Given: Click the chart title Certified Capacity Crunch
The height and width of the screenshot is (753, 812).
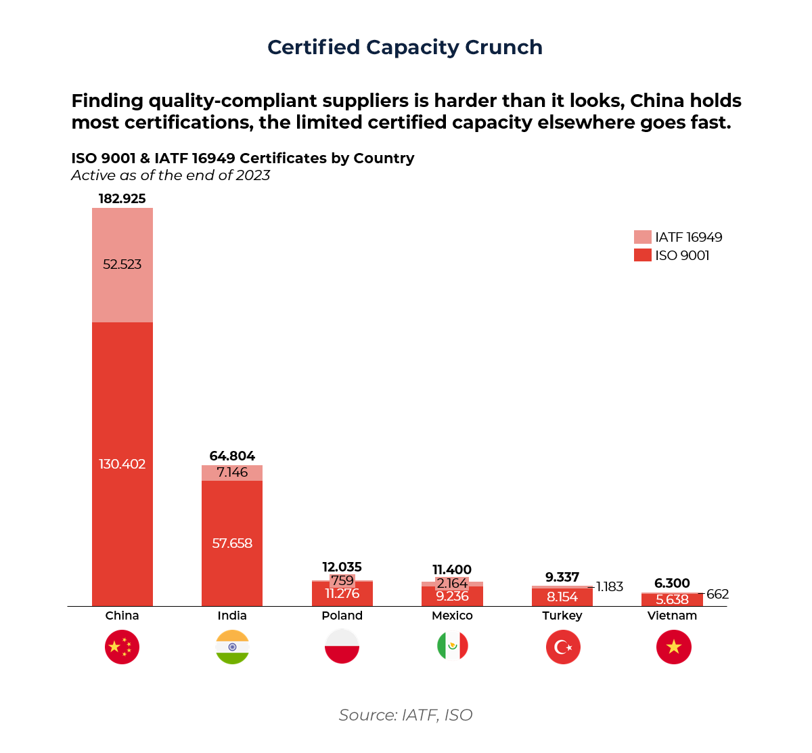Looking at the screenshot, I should [x=405, y=47].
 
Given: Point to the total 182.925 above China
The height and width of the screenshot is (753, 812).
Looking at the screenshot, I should [x=122, y=198].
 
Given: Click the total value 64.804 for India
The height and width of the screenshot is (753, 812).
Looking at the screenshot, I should [x=232, y=456].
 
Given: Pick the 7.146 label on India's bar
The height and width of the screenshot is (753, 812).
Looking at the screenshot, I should [x=232, y=473].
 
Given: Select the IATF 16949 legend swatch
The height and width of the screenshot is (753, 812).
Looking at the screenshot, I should [x=642, y=237].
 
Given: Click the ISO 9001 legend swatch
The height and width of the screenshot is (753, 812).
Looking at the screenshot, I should [x=642, y=255].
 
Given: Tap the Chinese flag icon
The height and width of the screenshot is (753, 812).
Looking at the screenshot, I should [x=122, y=647].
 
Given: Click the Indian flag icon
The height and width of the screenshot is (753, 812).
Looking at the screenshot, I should [x=232, y=647].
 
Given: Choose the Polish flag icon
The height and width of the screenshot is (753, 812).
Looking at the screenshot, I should [x=342, y=647].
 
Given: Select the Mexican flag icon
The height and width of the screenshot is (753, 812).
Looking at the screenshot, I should [x=452, y=647].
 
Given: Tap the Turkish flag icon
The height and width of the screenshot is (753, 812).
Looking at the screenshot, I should [x=563, y=647].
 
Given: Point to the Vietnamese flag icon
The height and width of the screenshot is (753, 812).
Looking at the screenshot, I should [x=673, y=647].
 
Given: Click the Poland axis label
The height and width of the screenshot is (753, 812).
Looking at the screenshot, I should [x=342, y=616].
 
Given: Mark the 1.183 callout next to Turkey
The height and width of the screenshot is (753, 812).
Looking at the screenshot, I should [x=610, y=586].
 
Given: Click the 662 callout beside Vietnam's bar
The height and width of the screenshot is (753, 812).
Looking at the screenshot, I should [x=717, y=595].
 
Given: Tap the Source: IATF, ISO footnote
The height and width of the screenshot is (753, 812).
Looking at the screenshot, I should [x=405, y=715].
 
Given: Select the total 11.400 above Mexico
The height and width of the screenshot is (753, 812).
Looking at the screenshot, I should [x=452, y=569].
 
